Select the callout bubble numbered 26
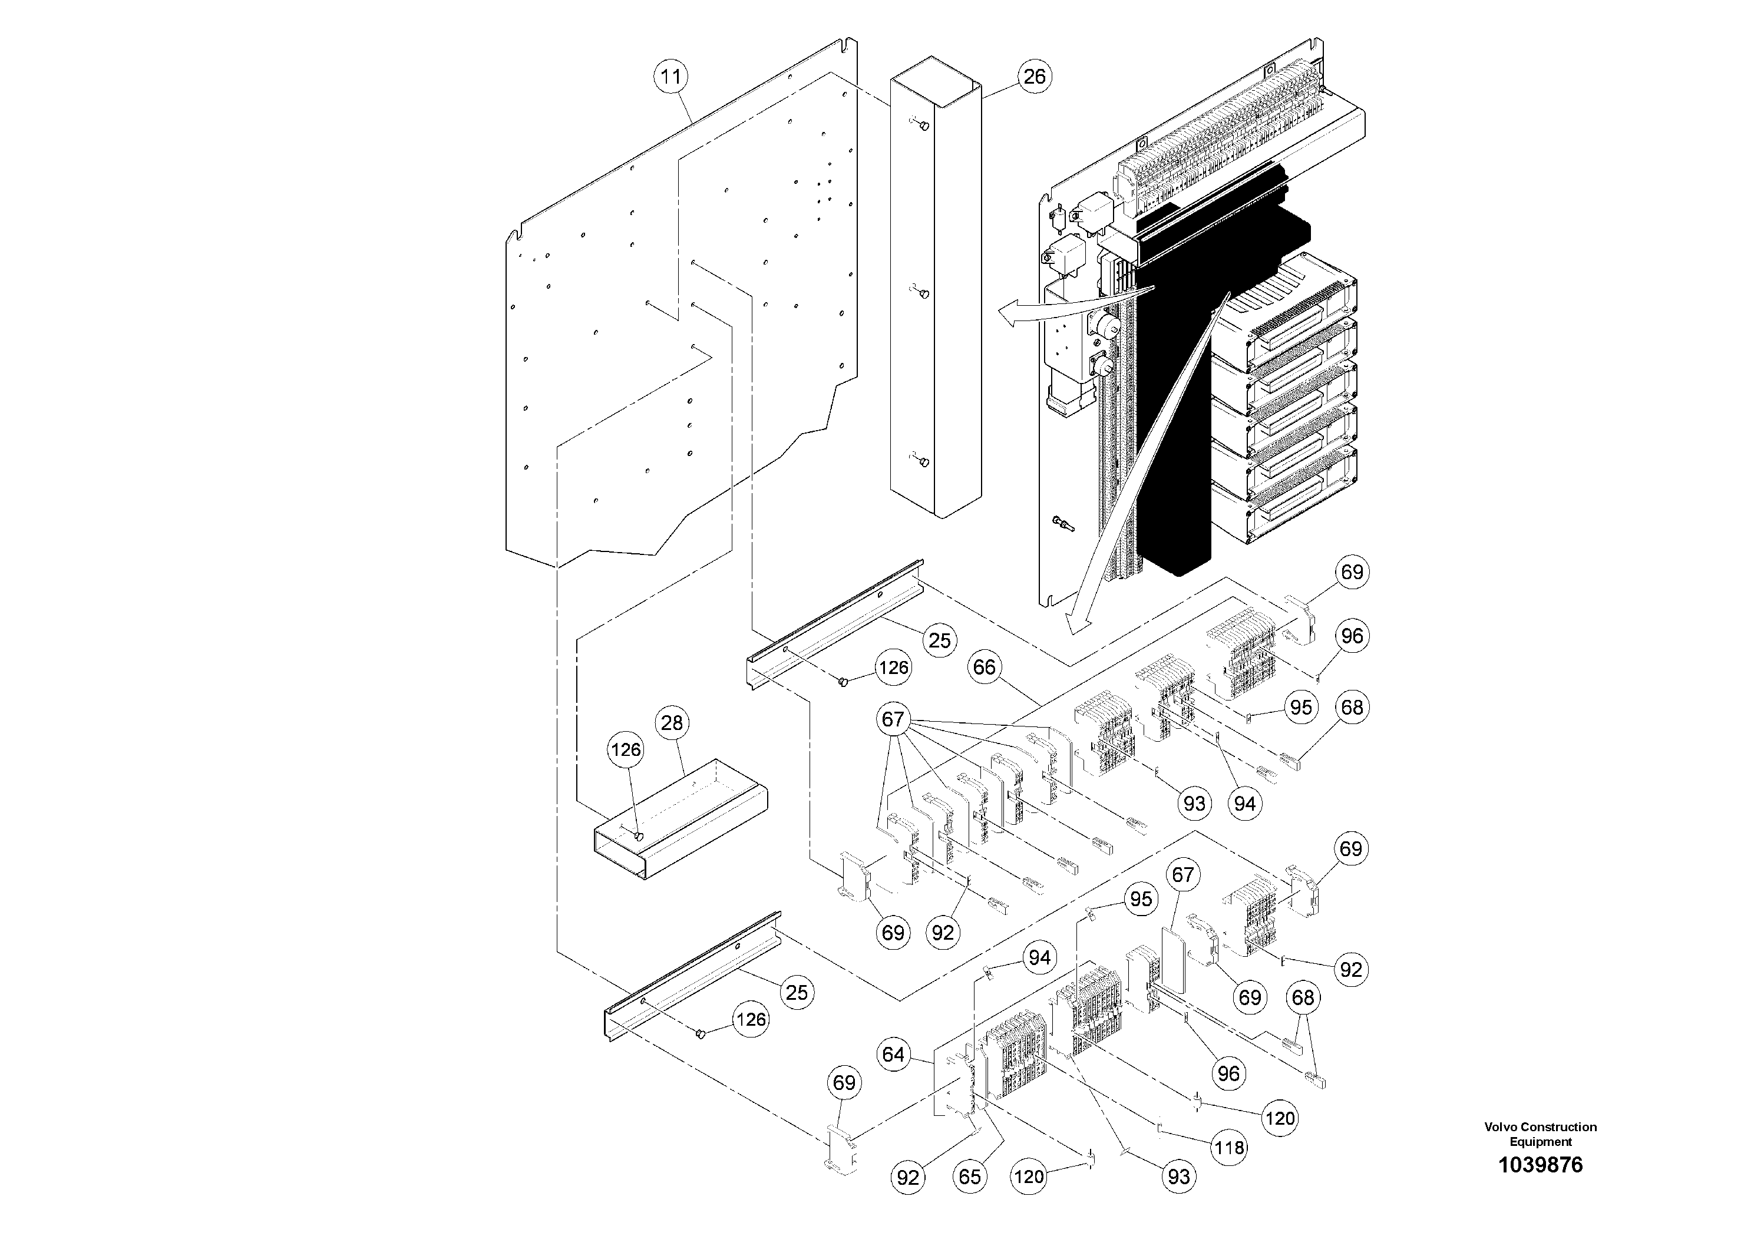1035,77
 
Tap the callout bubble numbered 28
672,723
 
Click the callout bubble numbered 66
984,668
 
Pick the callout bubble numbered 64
893,1055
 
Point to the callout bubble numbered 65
969,1177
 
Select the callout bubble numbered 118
1229,1147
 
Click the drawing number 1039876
1540,1165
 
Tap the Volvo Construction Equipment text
1540,1134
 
